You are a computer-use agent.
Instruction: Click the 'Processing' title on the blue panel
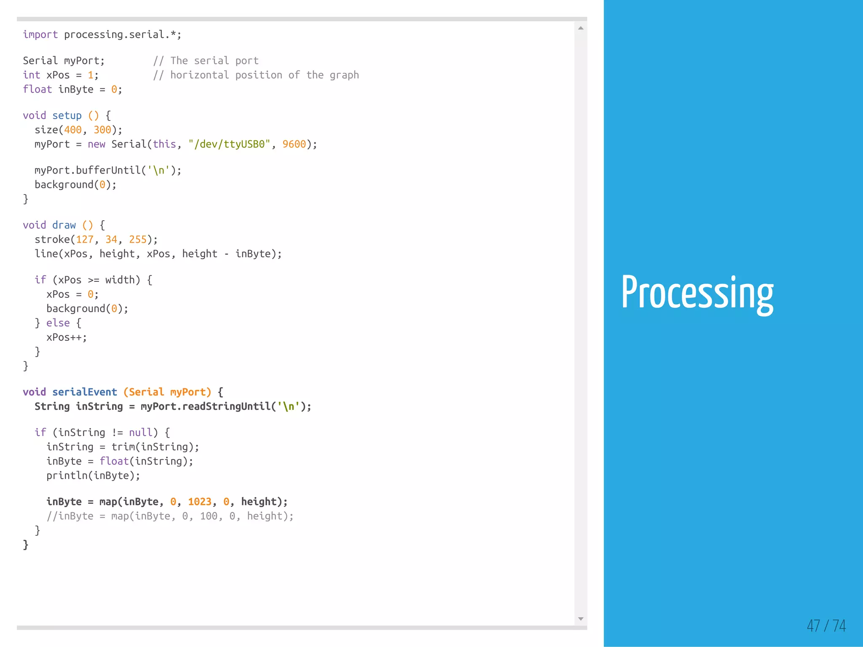[x=697, y=293]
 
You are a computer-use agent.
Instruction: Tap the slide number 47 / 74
[x=826, y=626]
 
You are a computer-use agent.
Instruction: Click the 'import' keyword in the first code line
[x=40, y=35]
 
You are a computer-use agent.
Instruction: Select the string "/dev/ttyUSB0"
[x=229, y=144]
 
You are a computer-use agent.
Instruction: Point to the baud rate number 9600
[x=294, y=144]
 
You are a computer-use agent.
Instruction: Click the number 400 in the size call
[x=72, y=130]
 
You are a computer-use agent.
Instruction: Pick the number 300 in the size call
[x=102, y=130]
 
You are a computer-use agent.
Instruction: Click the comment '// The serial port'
[x=206, y=61]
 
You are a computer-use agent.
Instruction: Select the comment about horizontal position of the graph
[x=256, y=75]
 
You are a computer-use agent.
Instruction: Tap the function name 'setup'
[x=67, y=115]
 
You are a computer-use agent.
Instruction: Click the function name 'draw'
[x=64, y=225]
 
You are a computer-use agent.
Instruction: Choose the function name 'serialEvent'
[x=84, y=392]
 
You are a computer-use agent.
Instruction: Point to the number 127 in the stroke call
[x=84, y=239]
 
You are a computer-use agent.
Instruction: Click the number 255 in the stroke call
[x=138, y=239]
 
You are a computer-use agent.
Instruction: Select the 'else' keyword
[x=58, y=323]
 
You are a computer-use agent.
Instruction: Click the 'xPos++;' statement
[x=67, y=337]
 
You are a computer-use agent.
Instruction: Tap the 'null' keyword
[x=140, y=432]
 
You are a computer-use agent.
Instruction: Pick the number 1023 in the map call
[x=199, y=501]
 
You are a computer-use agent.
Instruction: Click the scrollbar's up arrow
[x=581, y=28]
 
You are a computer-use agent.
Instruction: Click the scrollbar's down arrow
[x=581, y=619]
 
